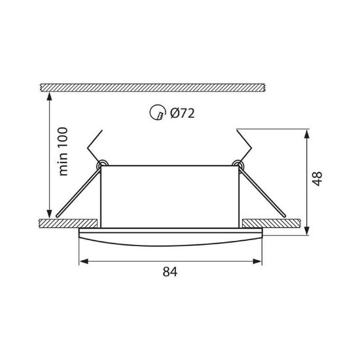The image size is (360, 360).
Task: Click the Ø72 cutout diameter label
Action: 183,113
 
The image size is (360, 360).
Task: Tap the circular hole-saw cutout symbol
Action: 158,113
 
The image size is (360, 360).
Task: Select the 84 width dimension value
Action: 170,272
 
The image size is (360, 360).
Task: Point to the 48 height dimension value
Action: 317,179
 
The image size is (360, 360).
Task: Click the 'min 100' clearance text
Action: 63,152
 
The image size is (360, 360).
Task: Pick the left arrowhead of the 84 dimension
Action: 84,261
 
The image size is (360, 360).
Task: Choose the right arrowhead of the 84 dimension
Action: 257,261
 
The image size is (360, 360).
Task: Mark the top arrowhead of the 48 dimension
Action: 306,134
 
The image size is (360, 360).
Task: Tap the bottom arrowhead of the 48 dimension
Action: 306,230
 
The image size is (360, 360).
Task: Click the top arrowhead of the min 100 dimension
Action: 49,97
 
